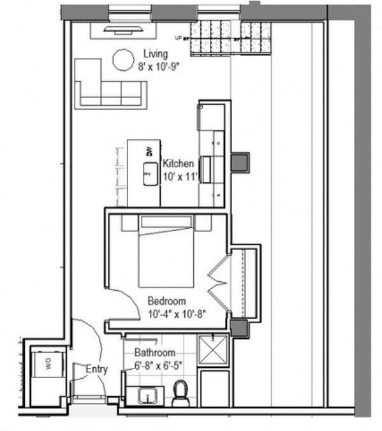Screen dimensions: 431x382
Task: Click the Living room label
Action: point(156,54)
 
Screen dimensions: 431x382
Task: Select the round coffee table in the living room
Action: point(123,61)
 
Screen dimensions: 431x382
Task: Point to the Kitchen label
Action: point(178,163)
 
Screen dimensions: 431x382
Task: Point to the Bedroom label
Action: point(166,301)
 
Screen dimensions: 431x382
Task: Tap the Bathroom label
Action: point(154,353)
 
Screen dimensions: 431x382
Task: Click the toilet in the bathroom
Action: point(180,393)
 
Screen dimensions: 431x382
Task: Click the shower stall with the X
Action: point(213,349)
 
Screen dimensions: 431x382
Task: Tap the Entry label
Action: point(97,369)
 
